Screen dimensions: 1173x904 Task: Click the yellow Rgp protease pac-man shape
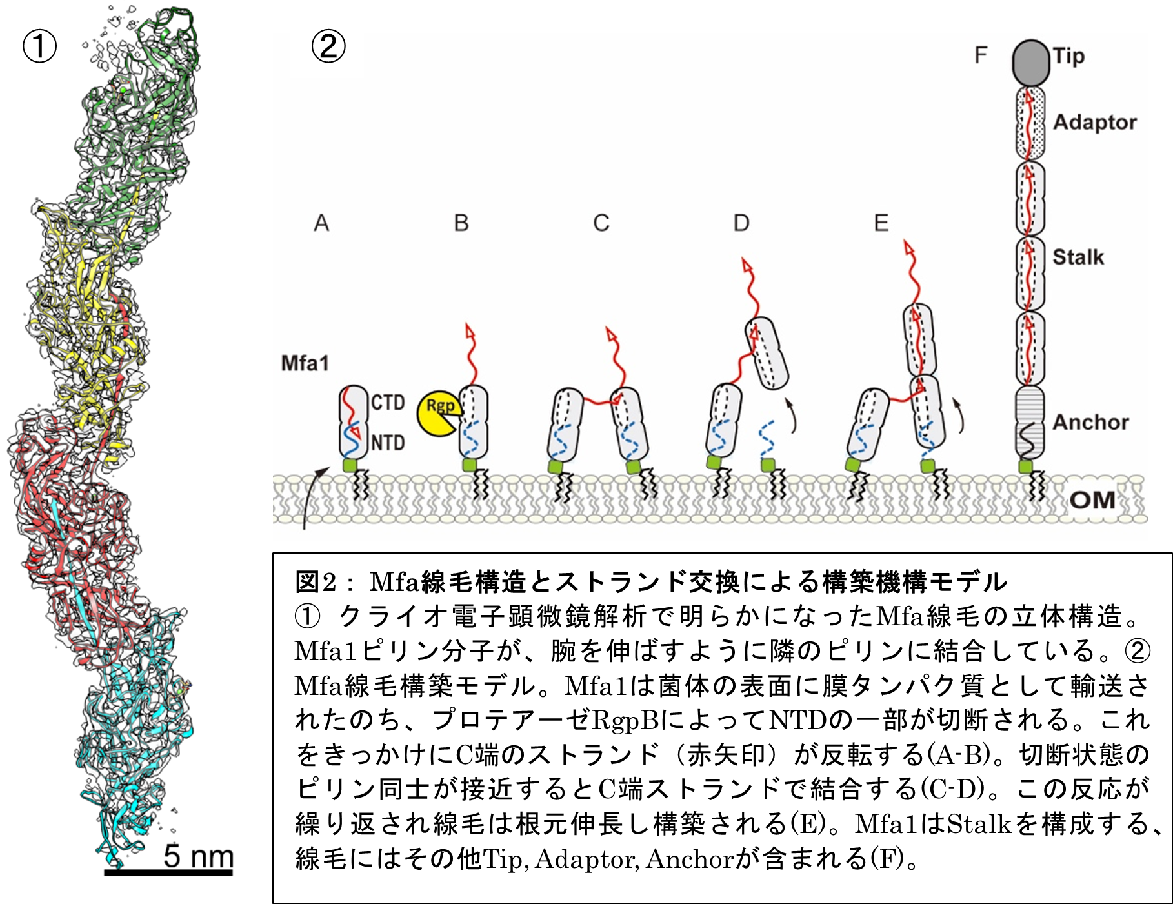tap(439, 414)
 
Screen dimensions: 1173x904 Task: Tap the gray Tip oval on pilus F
tap(1030, 63)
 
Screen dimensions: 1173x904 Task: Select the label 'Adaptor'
tap(1095, 123)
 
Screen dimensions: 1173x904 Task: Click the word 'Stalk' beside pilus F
tap(1078, 257)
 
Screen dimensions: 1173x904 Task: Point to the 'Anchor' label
tap(1091, 422)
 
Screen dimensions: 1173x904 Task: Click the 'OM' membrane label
tap(1092, 500)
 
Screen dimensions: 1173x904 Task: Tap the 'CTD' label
tap(388, 403)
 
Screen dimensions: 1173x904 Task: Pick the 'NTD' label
tap(388, 443)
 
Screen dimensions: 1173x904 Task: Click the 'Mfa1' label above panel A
tap(305, 363)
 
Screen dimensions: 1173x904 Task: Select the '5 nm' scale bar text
tap(198, 856)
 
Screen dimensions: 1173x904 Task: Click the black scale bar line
tap(168, 872)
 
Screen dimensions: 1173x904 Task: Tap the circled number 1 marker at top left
tap(40, 46)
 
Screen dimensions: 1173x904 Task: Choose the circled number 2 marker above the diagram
tap(328, 46)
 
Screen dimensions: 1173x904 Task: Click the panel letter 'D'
tap(741, 223)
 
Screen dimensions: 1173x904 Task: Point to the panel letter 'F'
tap(981, 55)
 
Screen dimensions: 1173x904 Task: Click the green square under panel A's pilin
tap(350, 465)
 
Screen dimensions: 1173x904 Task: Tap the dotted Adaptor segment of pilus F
tap(1030, 123)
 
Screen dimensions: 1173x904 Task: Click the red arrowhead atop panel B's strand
tap(470, 332)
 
